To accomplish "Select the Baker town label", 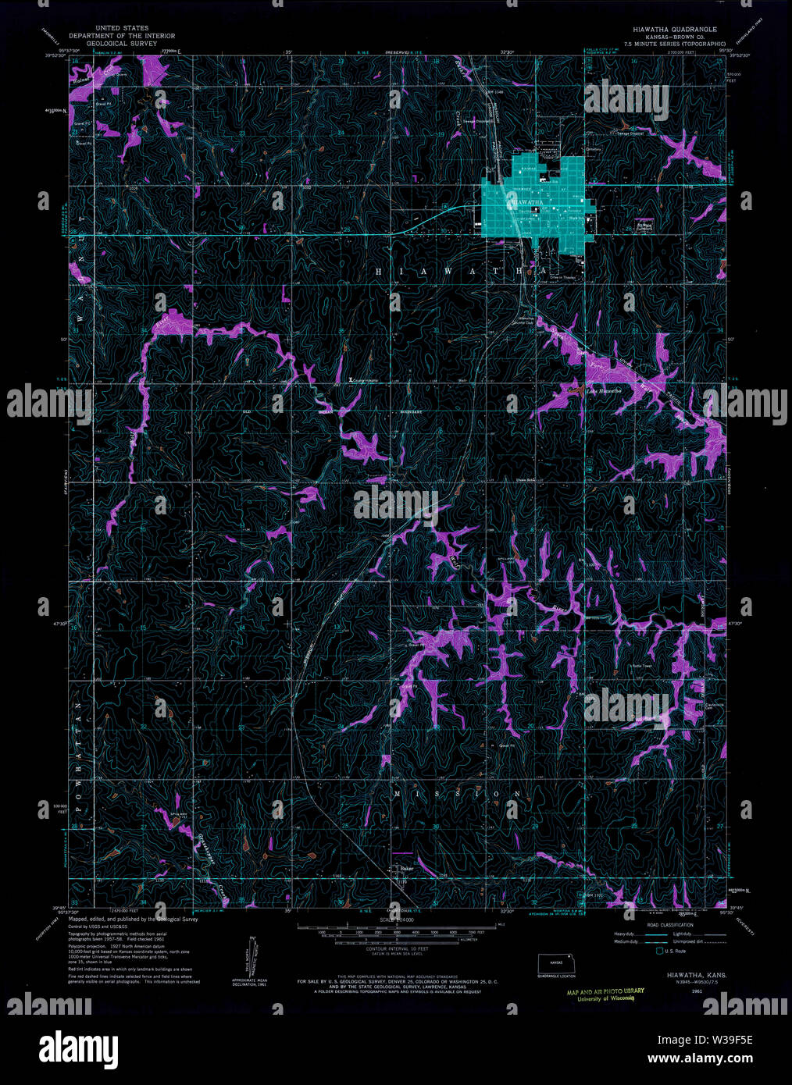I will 405,867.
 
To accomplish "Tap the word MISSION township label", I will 457,794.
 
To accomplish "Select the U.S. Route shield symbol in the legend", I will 659,951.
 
